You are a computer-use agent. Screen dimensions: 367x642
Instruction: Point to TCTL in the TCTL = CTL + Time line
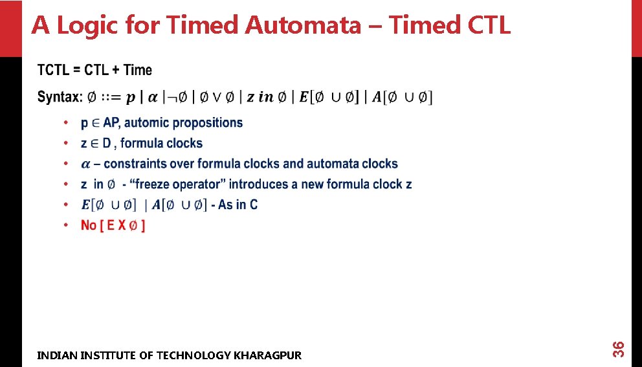tap(52, 70)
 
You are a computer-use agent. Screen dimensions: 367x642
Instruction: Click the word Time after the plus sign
tap(137, 70)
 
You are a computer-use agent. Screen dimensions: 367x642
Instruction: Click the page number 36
tap(618, 348)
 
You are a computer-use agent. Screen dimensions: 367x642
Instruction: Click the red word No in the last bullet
tap(89, 225)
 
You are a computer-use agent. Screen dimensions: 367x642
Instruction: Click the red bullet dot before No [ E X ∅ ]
tap(65, 225)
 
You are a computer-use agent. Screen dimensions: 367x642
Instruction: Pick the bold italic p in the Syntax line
tap(131, 98)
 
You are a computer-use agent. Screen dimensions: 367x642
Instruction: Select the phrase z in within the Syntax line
tap(260, 97)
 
